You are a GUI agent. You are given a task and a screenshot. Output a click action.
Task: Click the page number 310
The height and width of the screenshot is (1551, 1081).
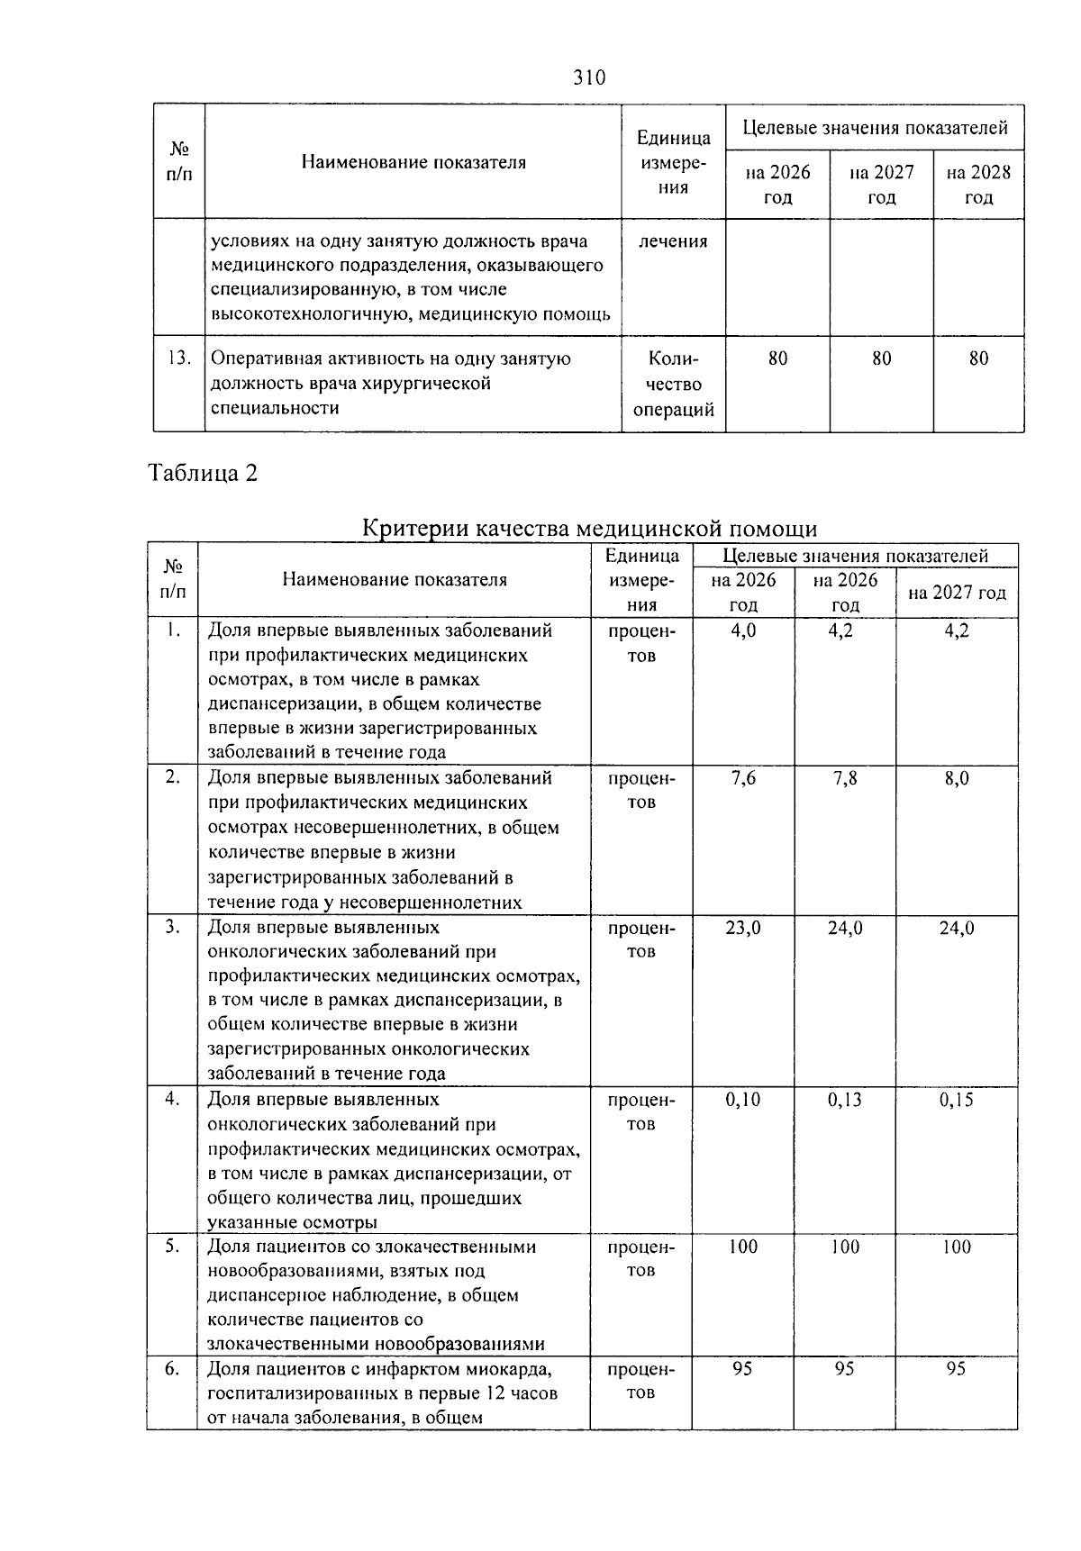pyautogui.click(x=589, y=77)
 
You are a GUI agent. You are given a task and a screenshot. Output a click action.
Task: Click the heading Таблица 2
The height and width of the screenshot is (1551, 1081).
pyautogui.click(x=203, y=473)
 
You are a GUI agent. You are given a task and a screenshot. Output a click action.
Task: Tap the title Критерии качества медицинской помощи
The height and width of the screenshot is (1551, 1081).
pyautogui.click(x=589, y=529)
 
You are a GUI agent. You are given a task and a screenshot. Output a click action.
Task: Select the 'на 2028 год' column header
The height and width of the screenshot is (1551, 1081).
pyautogui.click(x=978, y=185)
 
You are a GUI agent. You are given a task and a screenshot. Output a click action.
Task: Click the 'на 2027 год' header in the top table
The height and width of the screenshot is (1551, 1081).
pyautogui.click(x=881, y=185)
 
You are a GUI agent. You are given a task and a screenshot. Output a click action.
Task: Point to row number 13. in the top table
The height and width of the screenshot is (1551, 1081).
pyautogui.click(x=178, y=358)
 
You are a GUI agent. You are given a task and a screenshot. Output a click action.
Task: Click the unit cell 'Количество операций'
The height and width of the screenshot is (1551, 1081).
pyautogui.click(x=673, y=384)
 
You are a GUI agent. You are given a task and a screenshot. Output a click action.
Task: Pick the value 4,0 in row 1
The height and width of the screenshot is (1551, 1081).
pyautogui.click(x=743, y=630)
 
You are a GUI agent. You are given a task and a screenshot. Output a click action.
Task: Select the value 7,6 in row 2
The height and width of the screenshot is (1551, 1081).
pyautogui.click(x=743, y=778)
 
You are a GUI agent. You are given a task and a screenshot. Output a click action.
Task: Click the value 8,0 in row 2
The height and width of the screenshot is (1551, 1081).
pyautogui.click(x=957, y=778)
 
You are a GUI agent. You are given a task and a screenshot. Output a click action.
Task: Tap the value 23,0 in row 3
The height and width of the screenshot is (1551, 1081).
pyautogui.click(x=743, y=928)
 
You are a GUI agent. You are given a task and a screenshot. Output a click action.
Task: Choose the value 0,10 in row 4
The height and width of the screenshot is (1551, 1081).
pyautogui.click(x=743, y=1100)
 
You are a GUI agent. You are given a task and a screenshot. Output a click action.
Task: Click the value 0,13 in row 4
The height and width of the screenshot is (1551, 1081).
pyautogui.click(x=845, y=1100)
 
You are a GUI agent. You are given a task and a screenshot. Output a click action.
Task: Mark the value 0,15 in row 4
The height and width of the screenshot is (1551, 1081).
pyautogui.click(x=957, y=1100)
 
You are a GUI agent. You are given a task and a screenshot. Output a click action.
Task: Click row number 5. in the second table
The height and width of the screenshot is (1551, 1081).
pyautogui.click(x=172, y=1247)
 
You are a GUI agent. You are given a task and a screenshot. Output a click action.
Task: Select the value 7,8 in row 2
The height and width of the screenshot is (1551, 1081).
pyautogui.click(x=845, y=778)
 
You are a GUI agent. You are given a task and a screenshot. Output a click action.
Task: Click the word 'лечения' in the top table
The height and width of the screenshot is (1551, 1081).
pyautogui.click(x=673, y=241)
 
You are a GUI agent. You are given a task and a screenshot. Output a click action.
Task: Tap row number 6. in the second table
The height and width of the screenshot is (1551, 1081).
pyautogui.click(x=172, y=1369)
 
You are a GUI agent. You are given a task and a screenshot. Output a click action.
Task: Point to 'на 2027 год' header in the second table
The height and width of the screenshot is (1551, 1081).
pyautogui.click(x=957, y=593)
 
